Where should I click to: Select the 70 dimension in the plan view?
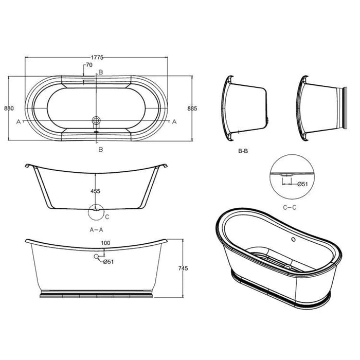[89, 65]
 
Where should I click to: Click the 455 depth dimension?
[95, 191]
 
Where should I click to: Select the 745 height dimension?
[190, 268]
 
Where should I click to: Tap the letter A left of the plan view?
[19, 122]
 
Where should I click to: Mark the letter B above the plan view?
[101, 72]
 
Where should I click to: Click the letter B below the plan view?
[101, 149]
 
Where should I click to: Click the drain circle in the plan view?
[96, 121]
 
